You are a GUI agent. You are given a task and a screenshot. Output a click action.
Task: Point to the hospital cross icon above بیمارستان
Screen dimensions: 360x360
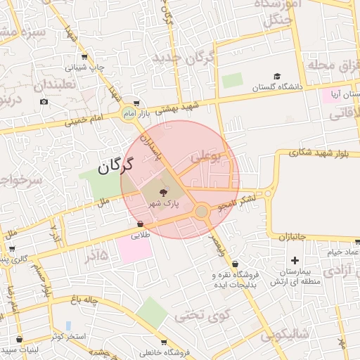295,261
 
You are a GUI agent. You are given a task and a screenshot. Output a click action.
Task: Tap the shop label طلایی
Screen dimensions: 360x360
141,236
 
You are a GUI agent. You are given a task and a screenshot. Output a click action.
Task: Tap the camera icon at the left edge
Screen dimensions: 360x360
44,102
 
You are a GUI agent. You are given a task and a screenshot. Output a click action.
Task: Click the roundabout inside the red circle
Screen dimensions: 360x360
202,211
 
